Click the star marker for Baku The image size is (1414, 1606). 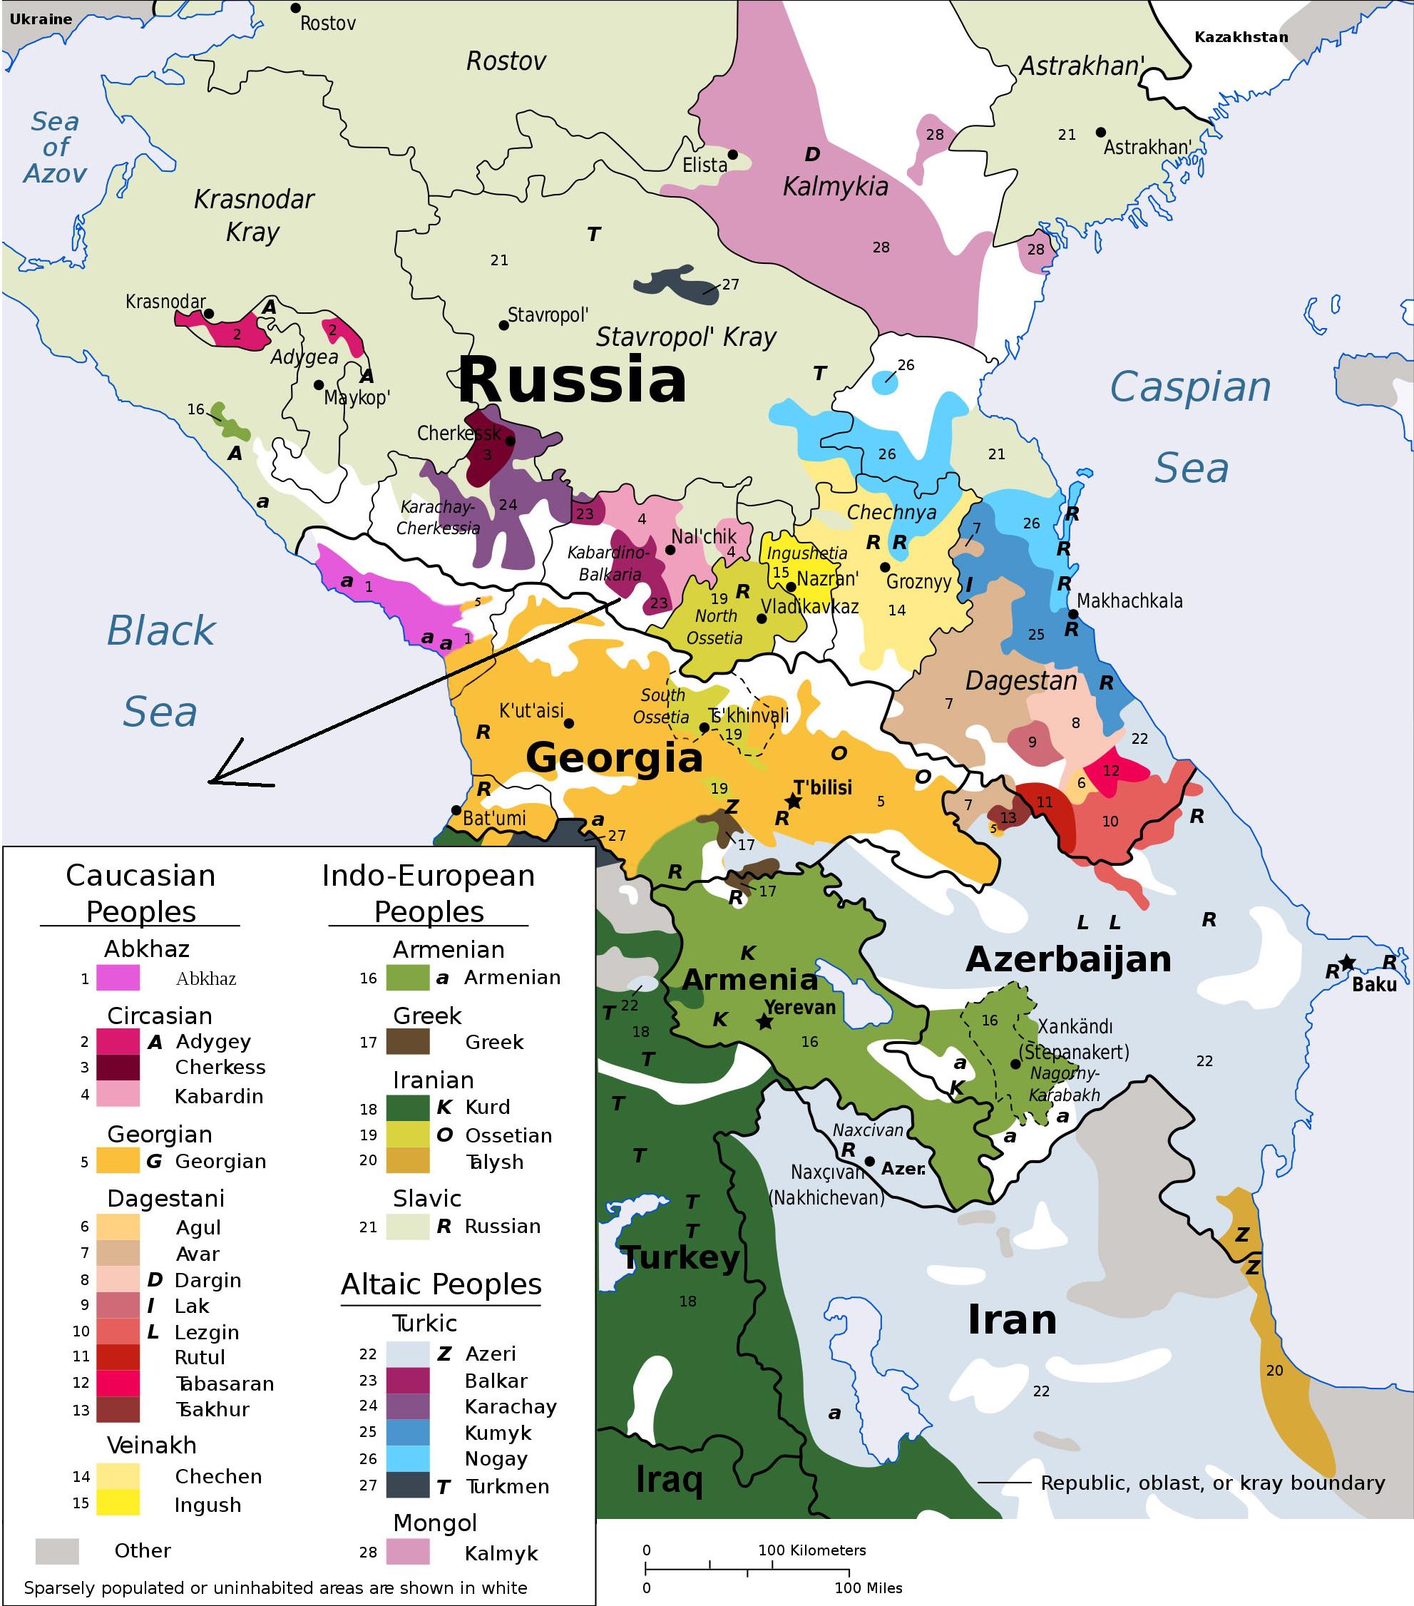(1347, 962)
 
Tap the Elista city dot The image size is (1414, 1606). (732, 155)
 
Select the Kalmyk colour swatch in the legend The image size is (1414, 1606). (408, 1551)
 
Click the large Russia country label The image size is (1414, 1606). (572, 380)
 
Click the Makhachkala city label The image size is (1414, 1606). (1129, 601)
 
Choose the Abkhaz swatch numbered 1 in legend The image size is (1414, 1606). (118, 978)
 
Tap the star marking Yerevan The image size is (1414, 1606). (764, 1022)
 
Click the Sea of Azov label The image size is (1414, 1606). (55, 147)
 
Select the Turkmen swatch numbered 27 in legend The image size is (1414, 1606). (408, 1485)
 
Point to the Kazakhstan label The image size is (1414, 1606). (1241, 37)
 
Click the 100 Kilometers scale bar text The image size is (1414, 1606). (811, 1550)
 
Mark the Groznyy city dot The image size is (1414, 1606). (884, 567)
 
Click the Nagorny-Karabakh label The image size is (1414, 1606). (1065, 1084)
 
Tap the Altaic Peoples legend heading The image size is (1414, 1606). (441, 1284)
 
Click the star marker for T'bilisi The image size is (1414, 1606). (794, 802)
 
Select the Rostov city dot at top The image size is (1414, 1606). (295, 8)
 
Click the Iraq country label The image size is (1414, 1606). (669, 1479)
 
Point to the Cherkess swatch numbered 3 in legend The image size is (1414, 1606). (118, 1067)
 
